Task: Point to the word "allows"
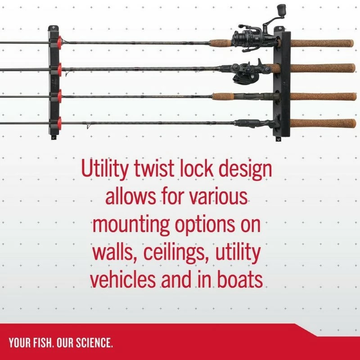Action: pos(130,196)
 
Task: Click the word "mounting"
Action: pos(131,225)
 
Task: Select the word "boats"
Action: pos(240,279)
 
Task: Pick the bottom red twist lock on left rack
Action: pos(59,123)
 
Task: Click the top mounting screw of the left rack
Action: pos(53,28)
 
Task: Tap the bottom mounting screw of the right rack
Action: pos(279,139)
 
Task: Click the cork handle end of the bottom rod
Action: pos(323,123)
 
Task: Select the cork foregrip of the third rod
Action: pos(223,96)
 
